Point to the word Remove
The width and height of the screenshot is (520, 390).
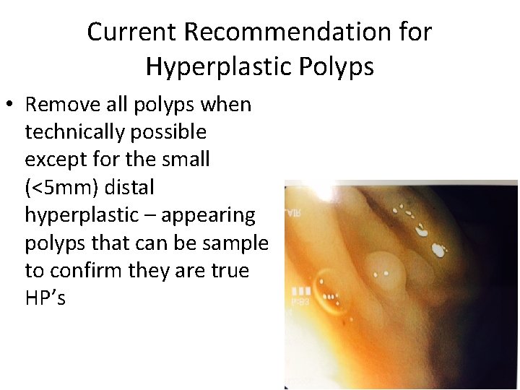point(63,105)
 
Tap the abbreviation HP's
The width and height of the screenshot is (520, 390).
point(45,298)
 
